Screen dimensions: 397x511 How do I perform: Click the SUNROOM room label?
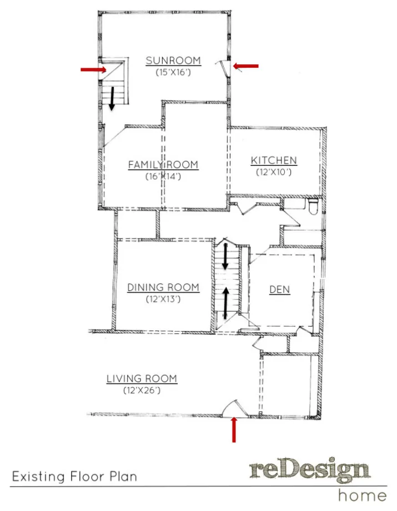tap(173, 60)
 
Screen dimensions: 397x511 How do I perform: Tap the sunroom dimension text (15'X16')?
tap(173, 72)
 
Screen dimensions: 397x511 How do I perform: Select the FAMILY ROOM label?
tap(163, 165)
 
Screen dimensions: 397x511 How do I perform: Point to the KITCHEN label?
tap(274, 160)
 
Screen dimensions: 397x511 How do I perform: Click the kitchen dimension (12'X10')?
tap(274, 172)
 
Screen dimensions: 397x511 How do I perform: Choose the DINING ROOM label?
tap(163, 287)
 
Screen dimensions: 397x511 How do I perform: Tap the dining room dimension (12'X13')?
tap(163, 299)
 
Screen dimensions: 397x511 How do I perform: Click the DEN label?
tap(279, 290)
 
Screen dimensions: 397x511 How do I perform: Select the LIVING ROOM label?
tap(142, 379)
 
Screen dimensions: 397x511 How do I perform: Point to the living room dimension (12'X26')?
tap(142, 390)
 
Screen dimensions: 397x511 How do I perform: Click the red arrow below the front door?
tap(234, 429)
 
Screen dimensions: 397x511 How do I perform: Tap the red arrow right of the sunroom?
tap(245, 66)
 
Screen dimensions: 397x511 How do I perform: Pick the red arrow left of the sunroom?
tap(94, 69)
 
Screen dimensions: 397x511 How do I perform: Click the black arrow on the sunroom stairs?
tap(112, 98)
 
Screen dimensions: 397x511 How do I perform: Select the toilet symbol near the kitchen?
tap(313, 206)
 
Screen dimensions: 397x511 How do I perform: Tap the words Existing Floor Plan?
tap(74, 477)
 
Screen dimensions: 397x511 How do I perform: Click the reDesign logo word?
tap(310, 470)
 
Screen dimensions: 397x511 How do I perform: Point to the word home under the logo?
tap(363, 495)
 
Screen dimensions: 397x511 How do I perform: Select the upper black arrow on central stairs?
tap(225, 257)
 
